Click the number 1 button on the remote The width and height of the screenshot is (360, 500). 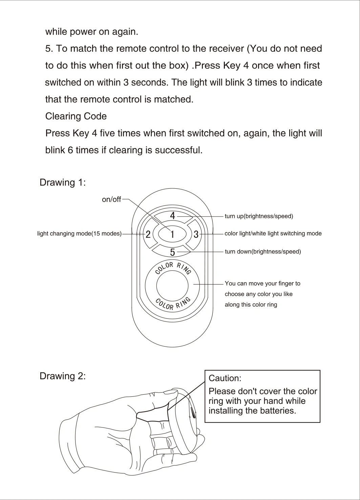[x=172, y=234]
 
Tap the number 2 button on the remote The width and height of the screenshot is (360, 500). [x=148, y=234]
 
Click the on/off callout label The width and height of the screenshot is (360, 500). [x=111, y=200]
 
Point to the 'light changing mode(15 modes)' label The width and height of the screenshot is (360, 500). [x=79, y=234]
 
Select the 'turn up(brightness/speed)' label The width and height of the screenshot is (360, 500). [x=259, y=216]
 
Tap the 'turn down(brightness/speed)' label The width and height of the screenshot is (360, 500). [x=263, y=252]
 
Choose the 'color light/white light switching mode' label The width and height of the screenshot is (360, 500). [x=273, y=233]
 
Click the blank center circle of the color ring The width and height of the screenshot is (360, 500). [x=172, y=286]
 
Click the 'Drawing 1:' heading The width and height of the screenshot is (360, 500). [x=63, y=183]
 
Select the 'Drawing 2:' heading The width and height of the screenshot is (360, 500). [x=63, y=376]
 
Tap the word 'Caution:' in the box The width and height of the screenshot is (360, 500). [x=225, y=378]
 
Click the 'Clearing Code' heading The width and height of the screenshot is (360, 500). [x=76, y=117]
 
